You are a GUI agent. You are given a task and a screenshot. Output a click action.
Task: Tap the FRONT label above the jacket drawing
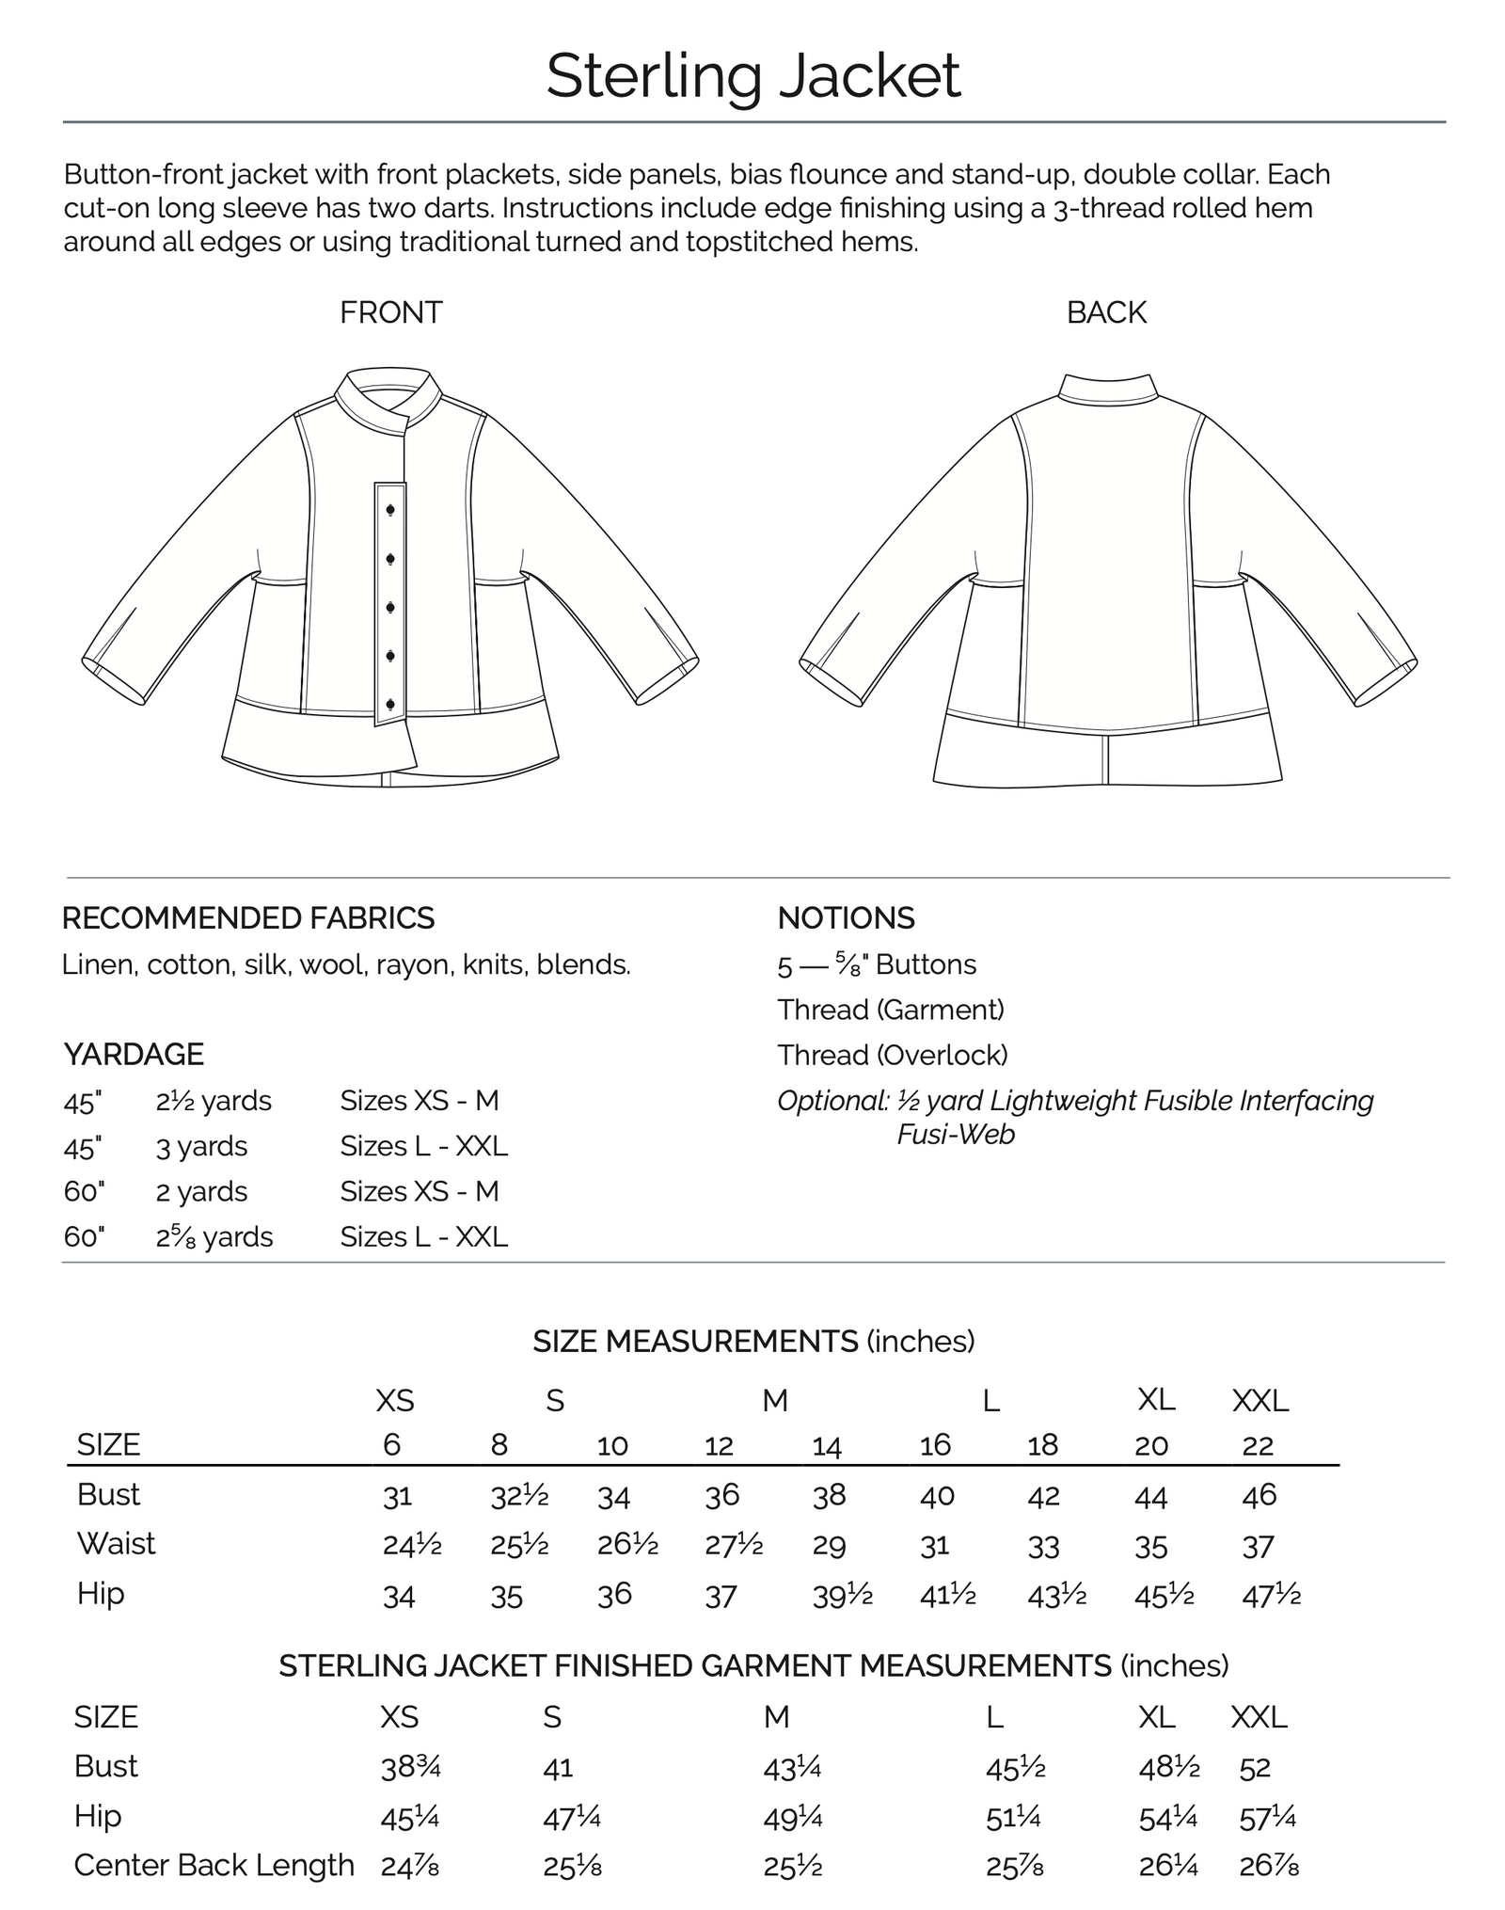(x=390, y=312)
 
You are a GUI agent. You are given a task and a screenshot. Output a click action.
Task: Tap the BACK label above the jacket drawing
(x=1106, y=312)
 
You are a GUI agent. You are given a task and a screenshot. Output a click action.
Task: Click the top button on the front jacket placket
(x=390, y=510)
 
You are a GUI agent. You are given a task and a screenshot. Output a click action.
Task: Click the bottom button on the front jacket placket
(x=390, y=704)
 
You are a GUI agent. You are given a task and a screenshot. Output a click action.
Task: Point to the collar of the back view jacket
(x=1107, y=390)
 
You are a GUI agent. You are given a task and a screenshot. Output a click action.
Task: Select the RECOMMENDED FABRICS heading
(x=248, y=918)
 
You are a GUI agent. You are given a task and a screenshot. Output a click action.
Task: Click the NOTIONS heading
(x=846, y=918)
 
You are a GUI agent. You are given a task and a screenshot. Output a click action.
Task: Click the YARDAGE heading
(x=134, y=1055)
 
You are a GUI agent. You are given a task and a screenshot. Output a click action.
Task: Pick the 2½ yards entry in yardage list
(x=214, y=1101)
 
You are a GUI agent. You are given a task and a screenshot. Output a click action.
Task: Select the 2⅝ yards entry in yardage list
(x=214, y=1236)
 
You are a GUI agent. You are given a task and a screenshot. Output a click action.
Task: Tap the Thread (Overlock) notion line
(x=892, y=1056)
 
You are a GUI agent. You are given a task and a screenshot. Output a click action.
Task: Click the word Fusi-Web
(x=956, y=1135)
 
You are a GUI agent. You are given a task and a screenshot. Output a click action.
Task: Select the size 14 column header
(x=827, y=1446)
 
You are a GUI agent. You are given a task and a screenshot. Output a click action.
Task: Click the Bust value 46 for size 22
(x=1259, y=1495)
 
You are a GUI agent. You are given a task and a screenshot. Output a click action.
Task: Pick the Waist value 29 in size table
(x=828, y=1546)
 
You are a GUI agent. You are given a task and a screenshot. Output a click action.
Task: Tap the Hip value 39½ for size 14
(x=842, y=1596)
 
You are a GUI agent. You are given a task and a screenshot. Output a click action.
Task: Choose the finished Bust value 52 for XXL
(x=1255, y=1768)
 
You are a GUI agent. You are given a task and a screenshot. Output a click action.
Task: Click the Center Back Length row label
(x=214, y=1866)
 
